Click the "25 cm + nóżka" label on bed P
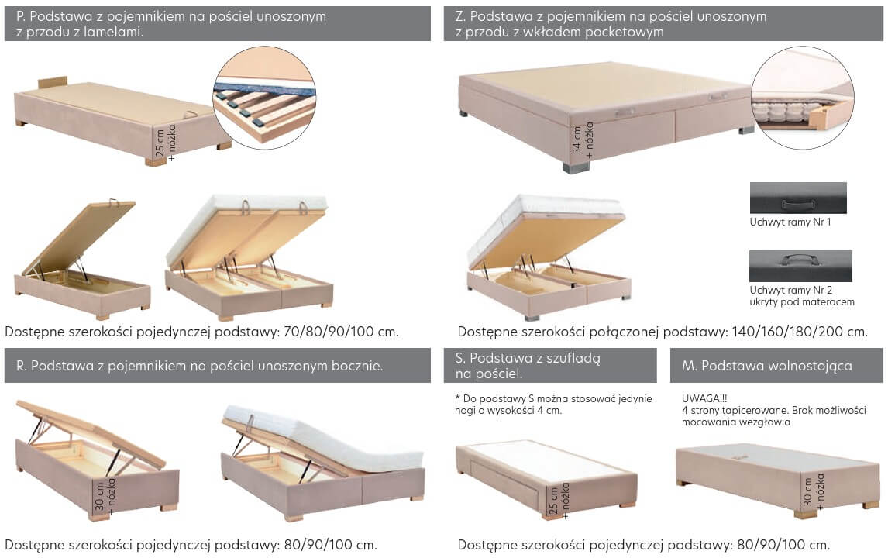pyautogui.click(x=165, y=141)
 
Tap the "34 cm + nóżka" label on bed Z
pyautogui.click(x=583, y=139)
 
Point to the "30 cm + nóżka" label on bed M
pyautogui.click(x=814, y=491)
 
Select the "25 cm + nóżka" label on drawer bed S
pyautogui.click(x=559, y=500)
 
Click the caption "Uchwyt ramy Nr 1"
pyautogui.click(x=790, y=222)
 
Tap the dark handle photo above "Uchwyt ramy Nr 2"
pyautogui.click(x=800, y=266)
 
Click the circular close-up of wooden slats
pyautogui.click(x=264, y=98)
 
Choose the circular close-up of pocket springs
pyautogui.click(x=803, y=98)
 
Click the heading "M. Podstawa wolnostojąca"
pyautogui.click(x=767, y=366)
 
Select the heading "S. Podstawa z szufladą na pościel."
pyautogui.click(x=527, y=366)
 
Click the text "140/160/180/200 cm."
pyautogui.click(x=800, y=332)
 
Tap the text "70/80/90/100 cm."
pyautogui.click(x=341, y=332)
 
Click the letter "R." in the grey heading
pyautogui.click(x=22, y=366)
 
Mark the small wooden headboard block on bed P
pyautogui.click(x=53, y=83)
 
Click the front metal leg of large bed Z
pyautogui.click(x=576, y=167)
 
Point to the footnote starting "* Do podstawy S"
pyautogui.click(x=553, y=405)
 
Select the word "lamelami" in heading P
pyautogui.click(x=112, y=33)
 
